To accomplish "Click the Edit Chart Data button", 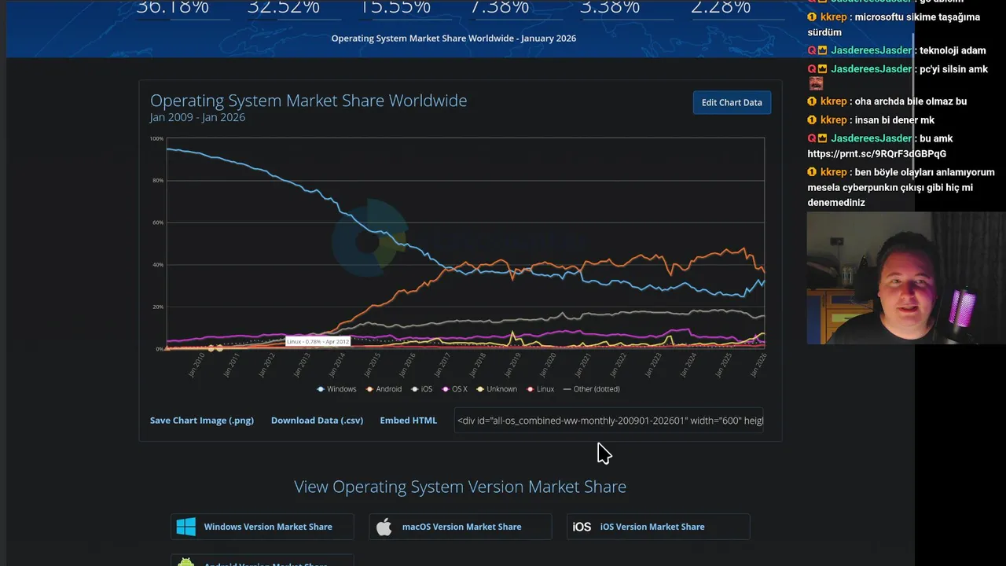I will click(x=732, y=102).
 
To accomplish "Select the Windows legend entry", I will click(x=337, y=389).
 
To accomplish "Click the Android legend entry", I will click(x=384, y=389).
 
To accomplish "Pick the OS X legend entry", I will click(x=455, y=389).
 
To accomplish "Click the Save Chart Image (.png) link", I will click(x=202, y=421).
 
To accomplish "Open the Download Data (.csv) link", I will click(x=317, y=421).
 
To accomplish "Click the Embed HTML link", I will click(x=408, y=421).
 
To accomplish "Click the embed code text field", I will click(x=609, y=421).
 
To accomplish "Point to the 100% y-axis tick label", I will click(x=156, y=139).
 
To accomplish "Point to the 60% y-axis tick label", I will click(x=157, y=222).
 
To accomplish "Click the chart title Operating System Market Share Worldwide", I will click(x=308, y=101).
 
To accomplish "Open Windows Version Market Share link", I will click(x=267, y=527).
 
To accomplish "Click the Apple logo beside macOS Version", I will click(x=384, y=527).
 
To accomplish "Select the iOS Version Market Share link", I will click(x=652, y=527).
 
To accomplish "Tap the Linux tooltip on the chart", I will click(x=318, y=342).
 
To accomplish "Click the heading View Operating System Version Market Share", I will click(x=460, y=487).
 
